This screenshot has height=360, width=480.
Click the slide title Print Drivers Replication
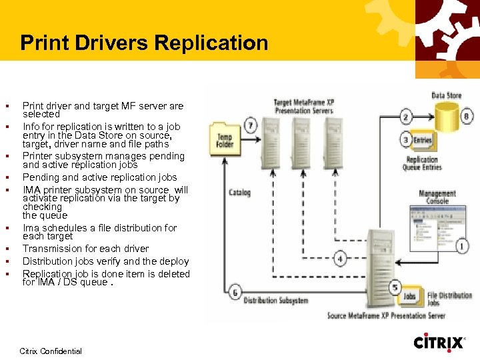click(x=144, y=43)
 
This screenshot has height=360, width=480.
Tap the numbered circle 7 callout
click(x=251, y=125)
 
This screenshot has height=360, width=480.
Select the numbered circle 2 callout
click(x=406, y=117)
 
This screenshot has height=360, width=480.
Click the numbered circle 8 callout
click(x=467, y=116)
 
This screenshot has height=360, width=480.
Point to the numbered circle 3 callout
click(x=406, y=139)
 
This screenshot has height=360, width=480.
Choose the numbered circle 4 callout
click(x=340, y=258)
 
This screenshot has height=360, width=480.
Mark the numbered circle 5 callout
click(x=395, y=287)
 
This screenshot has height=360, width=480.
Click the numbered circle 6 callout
click(x=235, y=292)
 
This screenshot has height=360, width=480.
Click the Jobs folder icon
click(x=409, y=295)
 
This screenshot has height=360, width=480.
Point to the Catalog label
click(x=239, y=193)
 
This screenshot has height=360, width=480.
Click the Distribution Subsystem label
click(x=276, y=301)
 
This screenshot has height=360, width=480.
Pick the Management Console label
click(x=437, y=197)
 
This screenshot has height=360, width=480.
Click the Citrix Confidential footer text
click(x=51, y=351)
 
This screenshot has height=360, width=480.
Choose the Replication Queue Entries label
click(x=422, y=164)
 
